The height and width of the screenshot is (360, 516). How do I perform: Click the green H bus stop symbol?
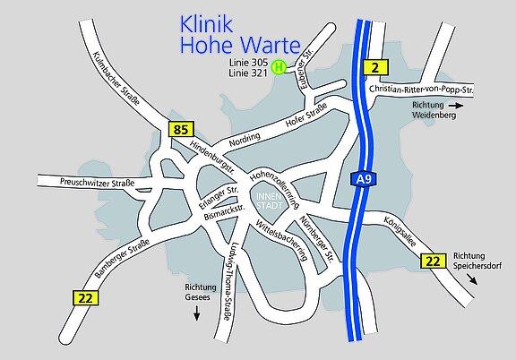(x=279, y=66)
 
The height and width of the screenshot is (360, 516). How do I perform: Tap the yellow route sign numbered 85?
(x=181, y=130)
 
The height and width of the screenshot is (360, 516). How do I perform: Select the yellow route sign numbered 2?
(x=377, y=66)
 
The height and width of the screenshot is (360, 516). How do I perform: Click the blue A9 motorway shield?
(x=362, y=181)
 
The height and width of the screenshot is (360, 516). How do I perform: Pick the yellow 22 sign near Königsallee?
(x=433, y=261)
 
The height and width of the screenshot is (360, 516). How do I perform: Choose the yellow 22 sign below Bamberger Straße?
(x=84, y=297)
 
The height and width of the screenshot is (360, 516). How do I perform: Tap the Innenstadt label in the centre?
(x=269, y=201)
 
